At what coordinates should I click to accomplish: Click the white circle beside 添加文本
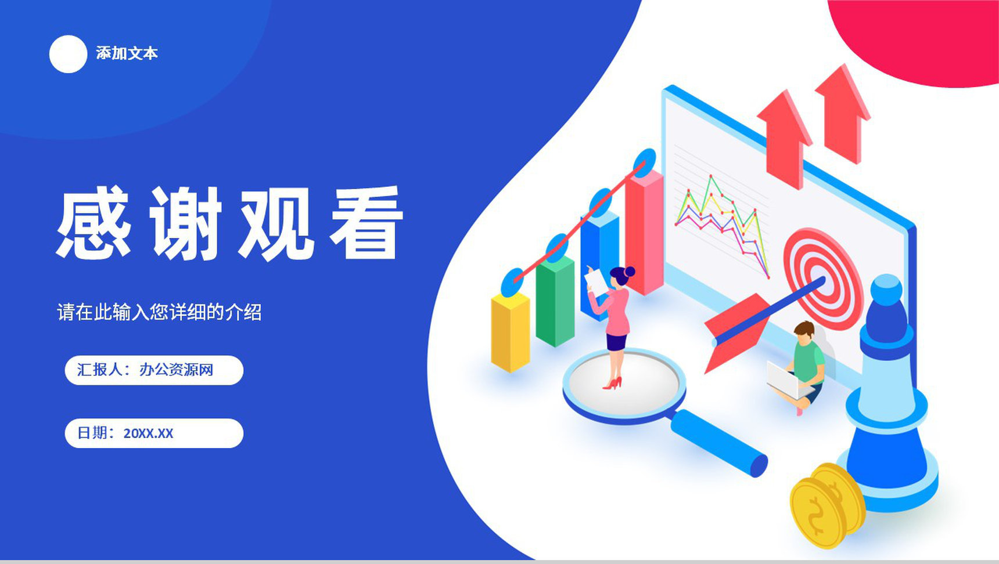click(x=68, y=54)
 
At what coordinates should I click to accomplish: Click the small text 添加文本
click(x=127, y=53)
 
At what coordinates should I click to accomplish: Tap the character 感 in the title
click(x=94, y=223)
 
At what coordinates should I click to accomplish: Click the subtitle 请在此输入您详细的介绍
click(x=159, y=312)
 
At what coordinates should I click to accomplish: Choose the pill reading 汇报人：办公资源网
click(x=154, y=370)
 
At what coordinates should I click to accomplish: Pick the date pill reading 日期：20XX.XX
click(x=154, y=433)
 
